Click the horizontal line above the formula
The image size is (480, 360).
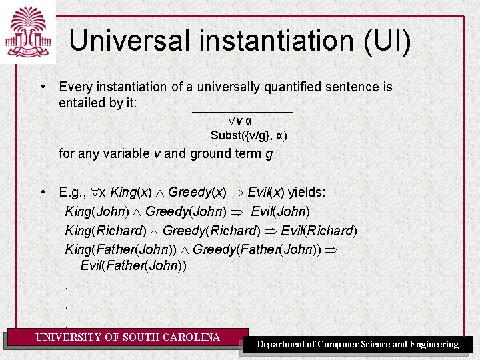(x=242, y=111)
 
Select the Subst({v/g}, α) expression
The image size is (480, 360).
(x=249, y=135)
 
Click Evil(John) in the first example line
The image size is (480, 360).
(x=280, y=212)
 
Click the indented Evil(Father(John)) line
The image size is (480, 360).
(x=133, y=265)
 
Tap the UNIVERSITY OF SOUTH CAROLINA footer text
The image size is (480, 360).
(x=127, y=337)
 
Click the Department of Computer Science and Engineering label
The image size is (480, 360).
(x=358, y=345)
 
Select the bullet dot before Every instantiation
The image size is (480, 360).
(x=42, y=87)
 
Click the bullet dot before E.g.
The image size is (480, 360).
(x=42, y=193)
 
